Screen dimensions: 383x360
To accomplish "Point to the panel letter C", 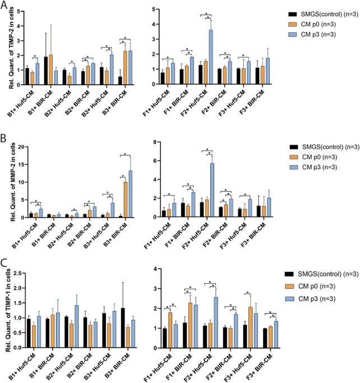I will coord(4,262).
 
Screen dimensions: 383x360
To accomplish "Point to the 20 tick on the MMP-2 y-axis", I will coord(21,147).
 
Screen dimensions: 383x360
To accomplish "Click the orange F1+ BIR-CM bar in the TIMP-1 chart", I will coord(190,325).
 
